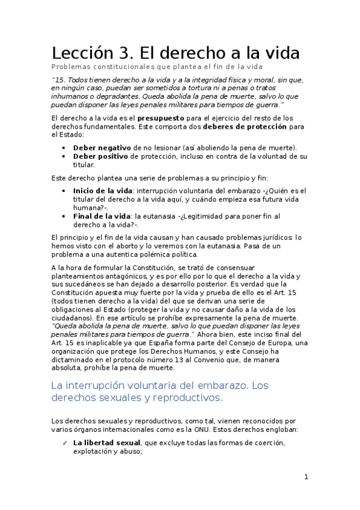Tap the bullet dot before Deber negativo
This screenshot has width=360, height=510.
point(64,147)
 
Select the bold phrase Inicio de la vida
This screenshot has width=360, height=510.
point(103,190)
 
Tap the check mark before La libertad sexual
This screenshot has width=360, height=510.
point(64,443)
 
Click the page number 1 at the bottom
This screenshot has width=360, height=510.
point(306,477)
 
